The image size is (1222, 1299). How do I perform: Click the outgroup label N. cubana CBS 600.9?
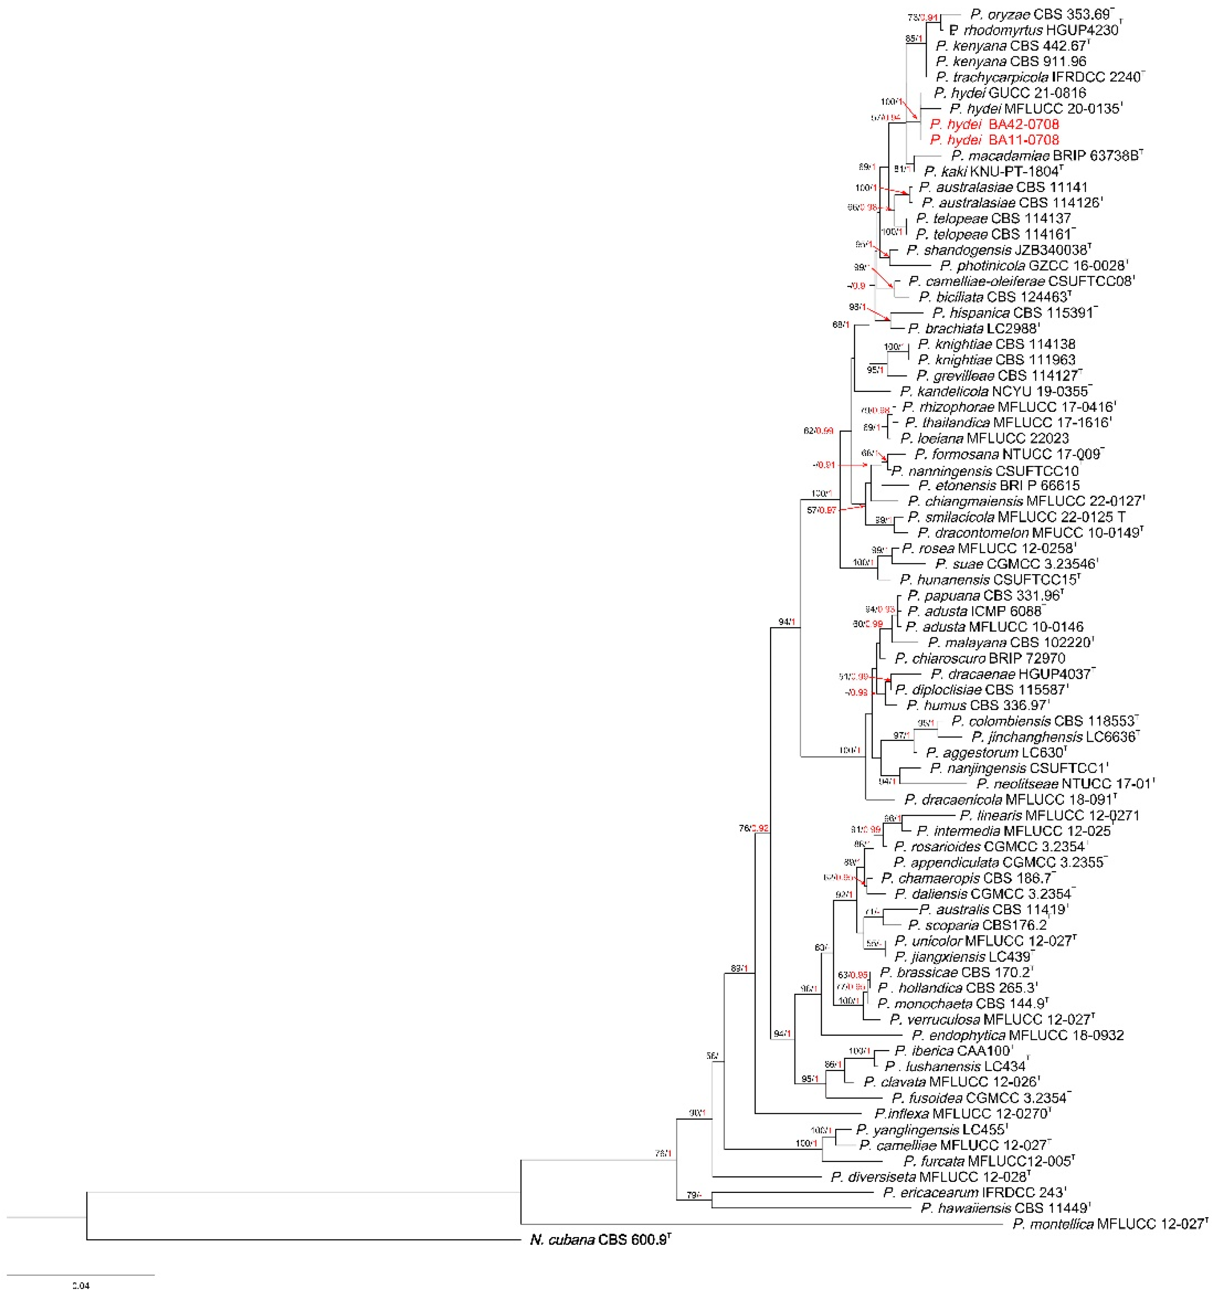click(x=599, y=1239)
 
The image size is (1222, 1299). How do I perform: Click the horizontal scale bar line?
click(x=80, y=1275)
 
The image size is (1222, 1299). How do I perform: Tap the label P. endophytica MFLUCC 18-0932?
click(x=1017, y=1035)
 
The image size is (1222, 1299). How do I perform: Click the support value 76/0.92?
click(x=753, y=828)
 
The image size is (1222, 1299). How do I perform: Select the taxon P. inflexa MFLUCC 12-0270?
click(x=962, y=1114)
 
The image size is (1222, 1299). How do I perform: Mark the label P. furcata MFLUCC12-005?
click(x=988, y=1161)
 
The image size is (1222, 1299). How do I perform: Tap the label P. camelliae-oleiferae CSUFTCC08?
click(x=1021, y=281)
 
